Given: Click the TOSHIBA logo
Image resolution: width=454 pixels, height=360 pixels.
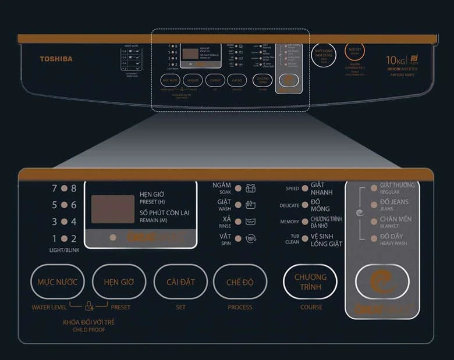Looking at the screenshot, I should (x=56, y=59).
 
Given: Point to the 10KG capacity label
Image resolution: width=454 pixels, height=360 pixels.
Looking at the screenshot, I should (x=396, y=59).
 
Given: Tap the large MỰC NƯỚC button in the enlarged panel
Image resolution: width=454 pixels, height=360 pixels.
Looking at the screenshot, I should (x=57, y=282).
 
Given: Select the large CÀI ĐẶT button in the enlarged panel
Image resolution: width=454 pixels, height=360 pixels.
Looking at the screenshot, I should (x=180, y=282).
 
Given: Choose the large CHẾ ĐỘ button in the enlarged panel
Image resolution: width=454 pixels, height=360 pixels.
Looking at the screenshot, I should (x=240, y=282).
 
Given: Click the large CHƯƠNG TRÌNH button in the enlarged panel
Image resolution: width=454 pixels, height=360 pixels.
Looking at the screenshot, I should (x=310, y=282).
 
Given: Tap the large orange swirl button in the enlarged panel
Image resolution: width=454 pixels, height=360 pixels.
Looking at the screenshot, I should (x=382, y=281).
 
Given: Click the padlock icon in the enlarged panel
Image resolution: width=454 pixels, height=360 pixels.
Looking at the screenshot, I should (x=89, y=305).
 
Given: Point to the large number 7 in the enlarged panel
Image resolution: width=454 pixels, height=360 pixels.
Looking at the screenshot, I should (x=55, y=188).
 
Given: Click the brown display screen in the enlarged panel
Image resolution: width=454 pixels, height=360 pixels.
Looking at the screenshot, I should (x=112, y=209).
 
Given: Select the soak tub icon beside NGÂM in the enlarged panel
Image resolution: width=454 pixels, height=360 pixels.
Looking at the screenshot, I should (x=251, y=188).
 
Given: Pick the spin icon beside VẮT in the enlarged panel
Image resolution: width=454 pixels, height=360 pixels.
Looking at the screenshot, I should (x=251, y=238).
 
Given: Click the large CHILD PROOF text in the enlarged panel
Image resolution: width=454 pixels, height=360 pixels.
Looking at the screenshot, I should (x=88, y=330).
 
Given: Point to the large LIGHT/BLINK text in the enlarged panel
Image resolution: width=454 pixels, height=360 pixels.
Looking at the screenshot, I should (x=64, y=249).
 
